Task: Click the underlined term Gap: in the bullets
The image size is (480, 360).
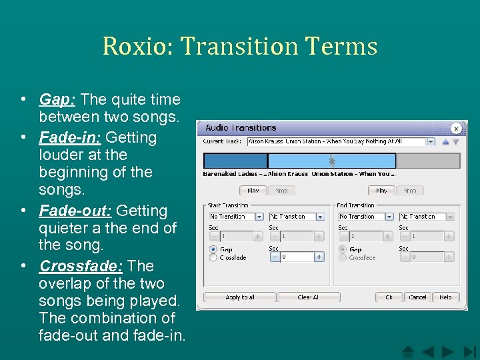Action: (x=57, y=100)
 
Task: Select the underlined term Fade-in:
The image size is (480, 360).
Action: (x=69, y=138)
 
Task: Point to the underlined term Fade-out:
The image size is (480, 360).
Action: (x=75, y=211)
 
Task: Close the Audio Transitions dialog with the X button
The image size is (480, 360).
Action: (x=456, y=128)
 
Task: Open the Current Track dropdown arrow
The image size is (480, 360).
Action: (x=430, y=142)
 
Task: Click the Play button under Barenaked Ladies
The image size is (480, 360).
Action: (x=253, y=191)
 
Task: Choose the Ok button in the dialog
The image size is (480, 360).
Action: (x=389, y=297)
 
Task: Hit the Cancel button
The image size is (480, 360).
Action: (x=417, y=297)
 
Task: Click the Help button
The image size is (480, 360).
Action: (x=445, y=297)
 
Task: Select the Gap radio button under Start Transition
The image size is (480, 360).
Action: (x=213, y=250)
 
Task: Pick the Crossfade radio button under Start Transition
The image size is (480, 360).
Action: (x=213, y=257)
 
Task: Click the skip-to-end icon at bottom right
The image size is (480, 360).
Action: (x=470, y=351)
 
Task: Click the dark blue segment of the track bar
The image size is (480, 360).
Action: (x=235, y=161)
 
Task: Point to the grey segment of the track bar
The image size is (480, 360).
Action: (x=428, y=161)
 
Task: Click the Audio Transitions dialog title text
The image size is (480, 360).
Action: (x=241, y=127)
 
